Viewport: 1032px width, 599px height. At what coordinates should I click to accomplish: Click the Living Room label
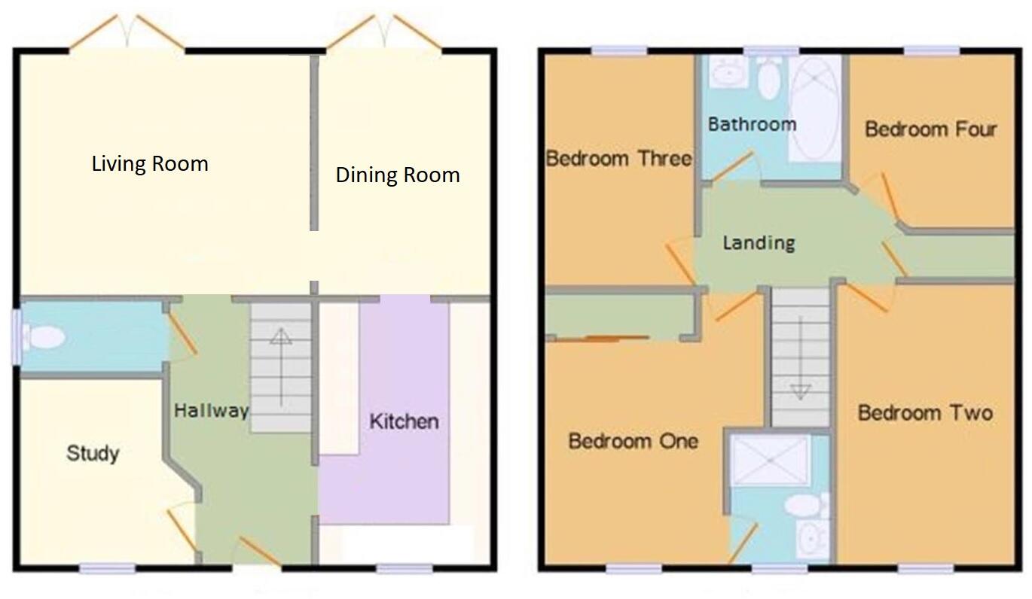pyautogui.click(x=150, y=163)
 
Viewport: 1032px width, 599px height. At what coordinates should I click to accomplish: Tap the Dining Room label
pyautogui.click(x=397, y=175)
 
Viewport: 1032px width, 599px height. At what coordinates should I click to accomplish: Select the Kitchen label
pyautogui.click(x=403, y=421)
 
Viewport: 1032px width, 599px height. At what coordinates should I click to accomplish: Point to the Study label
pyautogui.click(x=93, y=453)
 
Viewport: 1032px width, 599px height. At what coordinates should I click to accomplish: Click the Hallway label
pyautogui.click(x=211, y=411)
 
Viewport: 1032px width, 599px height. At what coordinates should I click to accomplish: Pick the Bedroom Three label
pyautogui.click(x=618, y=159)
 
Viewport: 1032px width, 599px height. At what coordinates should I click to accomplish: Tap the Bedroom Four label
pyautogui.click(x=930, y=129)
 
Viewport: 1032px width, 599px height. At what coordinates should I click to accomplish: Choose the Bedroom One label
pyautogui.click(x=633, y=440)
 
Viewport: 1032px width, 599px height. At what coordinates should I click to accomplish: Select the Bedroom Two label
pyautogui.click(x=924, y=412)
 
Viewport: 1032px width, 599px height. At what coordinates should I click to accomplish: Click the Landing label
pyautogui.click(x=758, y=243)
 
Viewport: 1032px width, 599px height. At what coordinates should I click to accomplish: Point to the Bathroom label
pyautogui.click(x=752, y=124)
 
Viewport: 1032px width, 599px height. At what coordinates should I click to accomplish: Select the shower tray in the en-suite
pyautogui.click(x=770, y=460)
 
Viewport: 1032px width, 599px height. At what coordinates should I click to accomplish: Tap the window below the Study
pyautogui.click(x=108, y=568)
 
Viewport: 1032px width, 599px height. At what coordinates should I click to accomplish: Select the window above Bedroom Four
pyautogui.click(x=931, y=50)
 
